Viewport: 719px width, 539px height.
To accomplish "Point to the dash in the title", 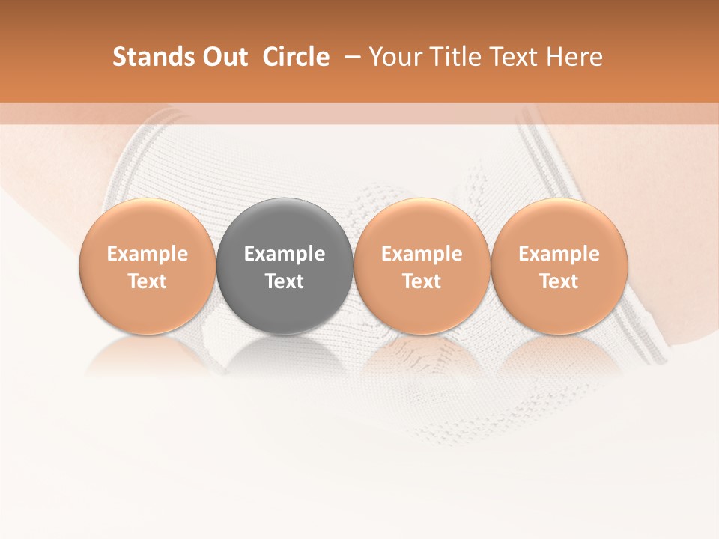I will [x=349, y=57].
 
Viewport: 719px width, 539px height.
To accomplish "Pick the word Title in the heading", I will [x=450, y=57].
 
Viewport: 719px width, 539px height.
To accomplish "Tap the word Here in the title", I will [x=571, y=57].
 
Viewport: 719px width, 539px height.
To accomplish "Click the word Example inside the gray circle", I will [x=285, y=254].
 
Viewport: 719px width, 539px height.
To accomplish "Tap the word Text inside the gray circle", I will [x=285, y=281].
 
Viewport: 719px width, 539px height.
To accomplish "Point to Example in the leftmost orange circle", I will [x=148, y=254].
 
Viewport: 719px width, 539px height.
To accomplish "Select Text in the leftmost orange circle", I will [x=148, y=281].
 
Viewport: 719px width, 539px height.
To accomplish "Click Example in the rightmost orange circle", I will [x=559, y=254].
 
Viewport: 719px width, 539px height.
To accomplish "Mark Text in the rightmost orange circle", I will [x=559, y=281].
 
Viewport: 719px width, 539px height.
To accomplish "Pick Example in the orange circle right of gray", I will [x=422, y=254].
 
